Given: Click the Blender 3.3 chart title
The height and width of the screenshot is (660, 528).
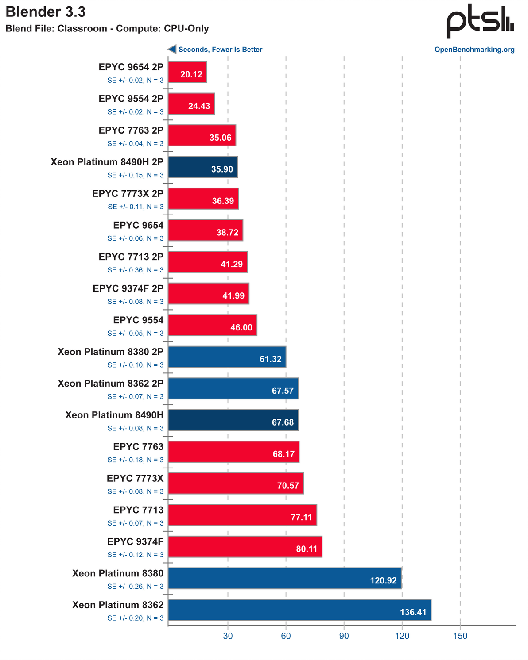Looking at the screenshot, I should (x=46, y=12).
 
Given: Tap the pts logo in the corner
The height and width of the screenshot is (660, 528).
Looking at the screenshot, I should (x=480, y=21).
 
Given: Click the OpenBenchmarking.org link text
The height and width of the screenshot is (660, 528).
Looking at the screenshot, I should (x=474, y=50).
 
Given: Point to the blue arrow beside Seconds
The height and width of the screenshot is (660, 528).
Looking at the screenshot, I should (x=172, y=49).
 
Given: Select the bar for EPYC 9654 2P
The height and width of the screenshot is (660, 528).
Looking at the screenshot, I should (x=188, y=72).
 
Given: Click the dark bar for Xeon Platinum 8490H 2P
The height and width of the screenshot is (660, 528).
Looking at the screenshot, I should (x=203, y=167).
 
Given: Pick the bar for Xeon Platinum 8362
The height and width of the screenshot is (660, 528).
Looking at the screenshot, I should (x=299, y=610).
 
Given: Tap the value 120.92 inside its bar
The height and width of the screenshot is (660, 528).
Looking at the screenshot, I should (x=383, y=580).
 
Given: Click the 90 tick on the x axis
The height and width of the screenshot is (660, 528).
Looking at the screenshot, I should (x=344, y=636).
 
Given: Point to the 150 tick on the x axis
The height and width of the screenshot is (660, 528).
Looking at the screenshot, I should (x=460, y=636).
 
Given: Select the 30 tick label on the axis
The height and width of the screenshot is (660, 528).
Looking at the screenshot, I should (x=228, y=636).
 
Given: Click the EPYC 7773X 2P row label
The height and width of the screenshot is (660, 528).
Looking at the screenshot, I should (x=128, y=193).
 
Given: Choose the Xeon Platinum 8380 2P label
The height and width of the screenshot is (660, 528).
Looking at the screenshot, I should (x=111, y=352).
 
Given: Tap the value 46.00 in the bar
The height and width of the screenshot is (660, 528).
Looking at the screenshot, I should (x=241, y=327).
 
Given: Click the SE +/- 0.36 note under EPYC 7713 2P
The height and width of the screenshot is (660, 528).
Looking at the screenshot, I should (x=136, y=270).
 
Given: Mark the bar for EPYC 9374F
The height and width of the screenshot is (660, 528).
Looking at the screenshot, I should (x=245, y=547).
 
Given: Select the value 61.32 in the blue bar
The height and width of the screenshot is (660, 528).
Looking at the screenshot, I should (x=270, y=359).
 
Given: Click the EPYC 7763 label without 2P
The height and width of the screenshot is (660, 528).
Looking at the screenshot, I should (x=138, y=447).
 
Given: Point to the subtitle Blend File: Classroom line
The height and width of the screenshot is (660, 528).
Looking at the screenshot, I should (x=107, y=29).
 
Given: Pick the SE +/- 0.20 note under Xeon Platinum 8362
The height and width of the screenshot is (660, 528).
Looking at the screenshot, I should (x=136, y=618).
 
